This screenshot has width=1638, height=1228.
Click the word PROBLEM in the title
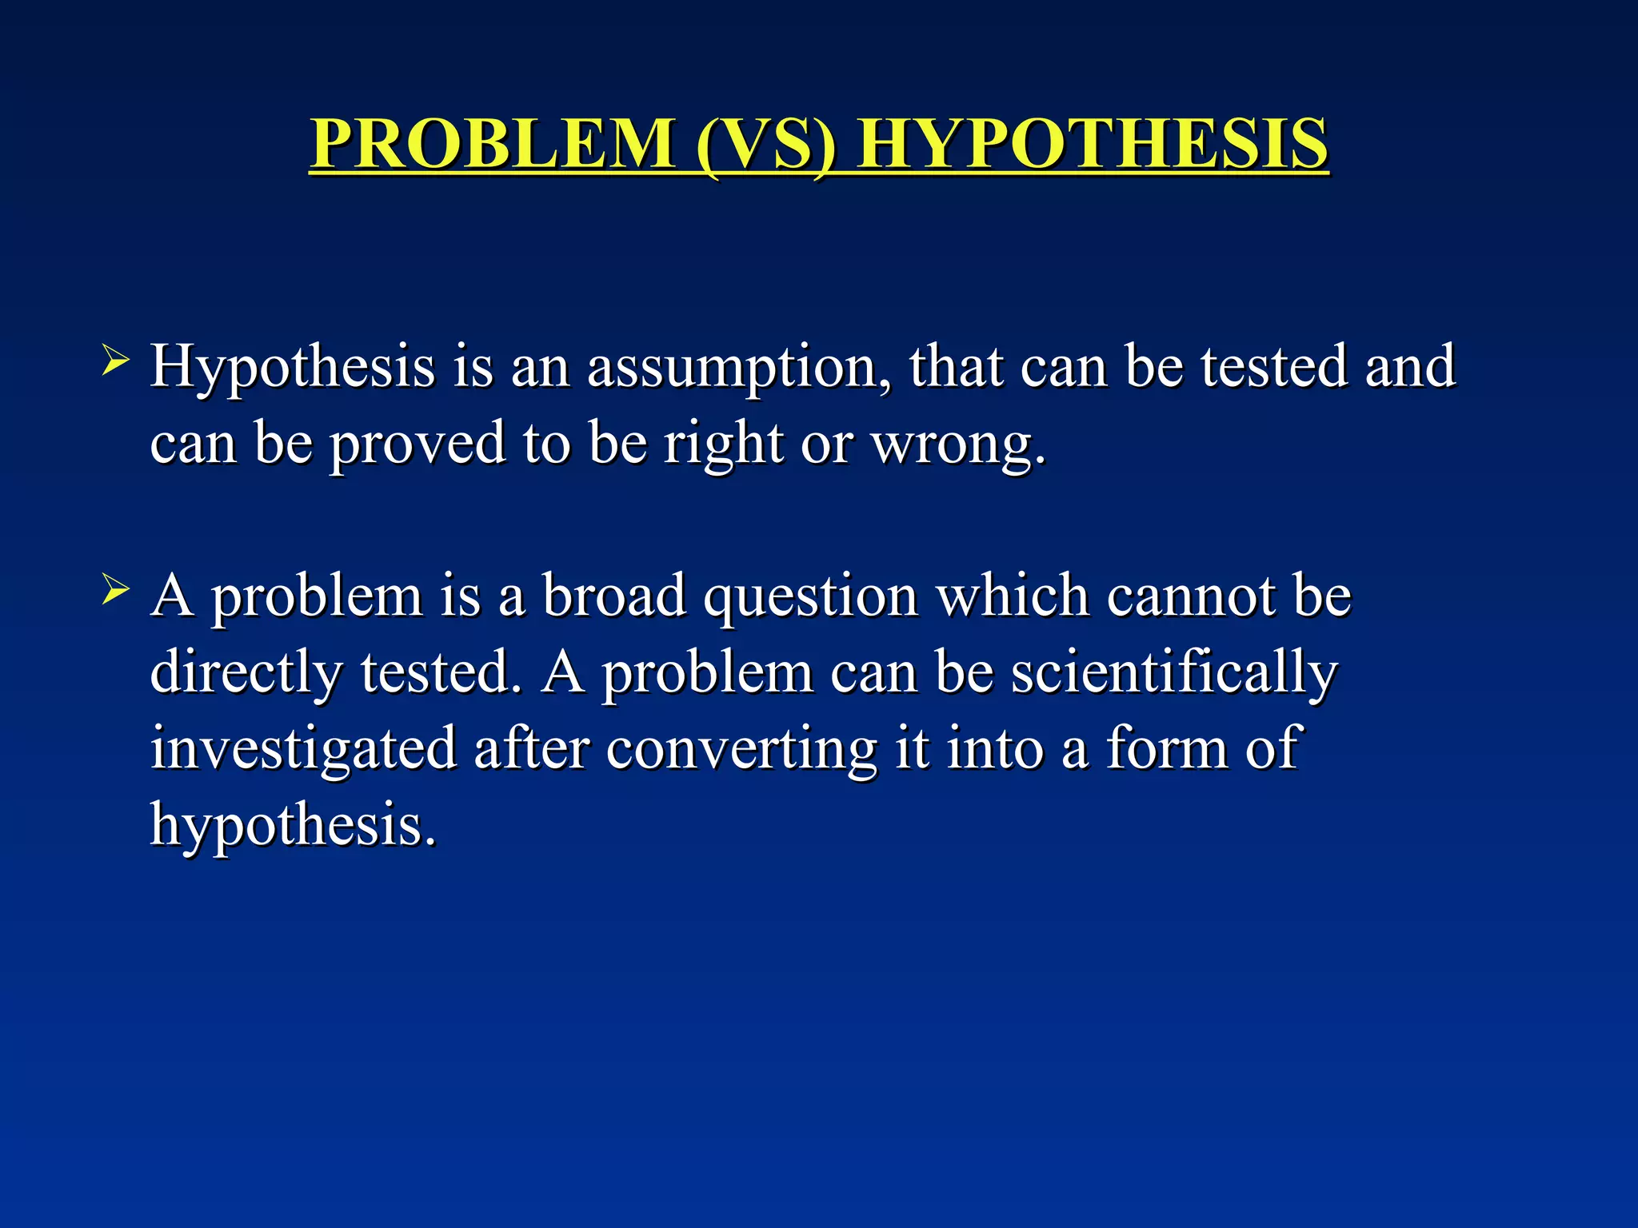pyautogui.click(x=492, y=144)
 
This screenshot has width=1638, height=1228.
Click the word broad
pyautogui.click(x=614, y=596)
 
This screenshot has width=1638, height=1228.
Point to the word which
pyautogui.click(x=1013, y=596)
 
